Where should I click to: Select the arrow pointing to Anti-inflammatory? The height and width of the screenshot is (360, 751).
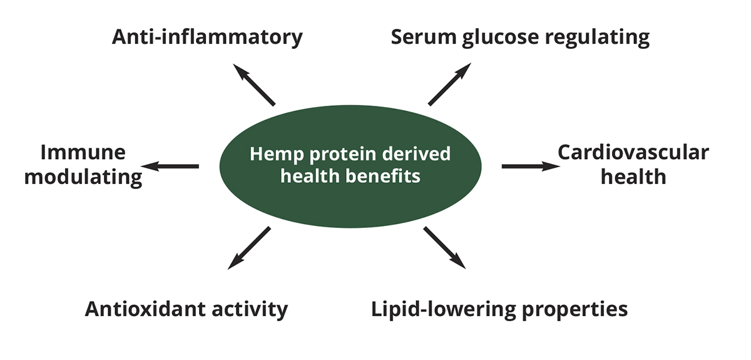253,84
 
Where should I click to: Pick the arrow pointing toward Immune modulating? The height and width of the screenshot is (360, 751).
170,166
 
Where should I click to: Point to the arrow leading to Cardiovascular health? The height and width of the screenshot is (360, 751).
531,166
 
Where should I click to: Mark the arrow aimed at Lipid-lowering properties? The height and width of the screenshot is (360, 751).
445,247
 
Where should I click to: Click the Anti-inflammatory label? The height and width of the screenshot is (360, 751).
207,37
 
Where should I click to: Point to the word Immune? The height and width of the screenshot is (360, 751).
83,152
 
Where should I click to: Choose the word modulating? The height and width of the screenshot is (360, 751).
86,177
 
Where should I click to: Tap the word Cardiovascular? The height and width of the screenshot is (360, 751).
633,152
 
